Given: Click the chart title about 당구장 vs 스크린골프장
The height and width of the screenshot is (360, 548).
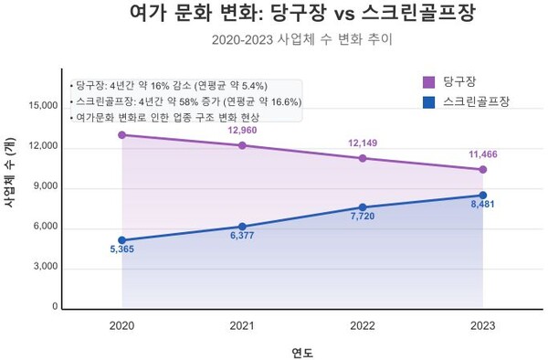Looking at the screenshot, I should pos(273,15).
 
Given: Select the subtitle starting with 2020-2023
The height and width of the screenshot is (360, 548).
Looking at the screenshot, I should pos(273,41).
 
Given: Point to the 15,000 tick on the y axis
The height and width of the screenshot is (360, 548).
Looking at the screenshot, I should pos(43,106).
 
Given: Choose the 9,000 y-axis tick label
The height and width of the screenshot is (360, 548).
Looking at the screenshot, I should pos(46,186).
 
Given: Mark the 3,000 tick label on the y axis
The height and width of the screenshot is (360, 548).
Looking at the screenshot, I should pos(46,268).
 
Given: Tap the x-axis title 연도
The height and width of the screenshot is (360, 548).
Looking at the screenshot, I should pos(302,351).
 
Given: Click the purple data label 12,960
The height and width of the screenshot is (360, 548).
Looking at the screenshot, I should pos(243,131).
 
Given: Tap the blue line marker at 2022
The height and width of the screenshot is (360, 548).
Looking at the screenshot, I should pos(363,207).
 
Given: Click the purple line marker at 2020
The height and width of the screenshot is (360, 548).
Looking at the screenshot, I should pos(121,134).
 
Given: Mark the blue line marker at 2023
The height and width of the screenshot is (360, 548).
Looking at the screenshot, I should pos(483,195).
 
